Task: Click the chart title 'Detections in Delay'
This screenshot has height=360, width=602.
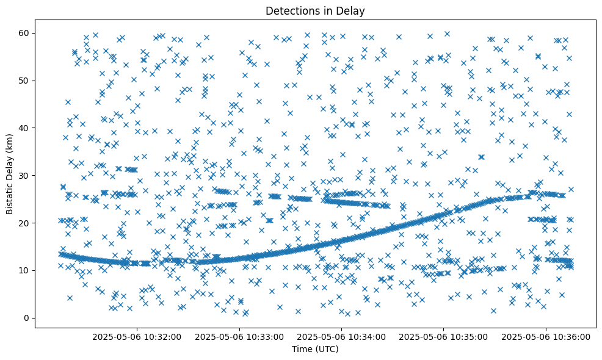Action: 315,10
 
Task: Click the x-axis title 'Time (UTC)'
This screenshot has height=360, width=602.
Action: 315,350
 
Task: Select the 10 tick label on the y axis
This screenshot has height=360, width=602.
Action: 25,270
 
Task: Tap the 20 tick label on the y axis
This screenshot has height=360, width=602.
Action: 25,223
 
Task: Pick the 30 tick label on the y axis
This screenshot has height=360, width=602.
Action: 25,175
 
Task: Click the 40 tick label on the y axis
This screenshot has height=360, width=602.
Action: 25,128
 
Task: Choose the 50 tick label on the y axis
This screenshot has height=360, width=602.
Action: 25,80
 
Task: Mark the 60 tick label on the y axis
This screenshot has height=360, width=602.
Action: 25,32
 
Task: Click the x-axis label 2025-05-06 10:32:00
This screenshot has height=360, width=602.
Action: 137,336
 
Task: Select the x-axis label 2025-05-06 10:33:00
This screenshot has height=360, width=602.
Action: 239,336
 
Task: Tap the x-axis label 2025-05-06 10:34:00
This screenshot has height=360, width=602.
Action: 341,336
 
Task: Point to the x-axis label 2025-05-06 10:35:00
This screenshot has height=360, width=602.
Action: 444,336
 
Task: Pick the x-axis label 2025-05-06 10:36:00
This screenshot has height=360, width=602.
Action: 546,336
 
